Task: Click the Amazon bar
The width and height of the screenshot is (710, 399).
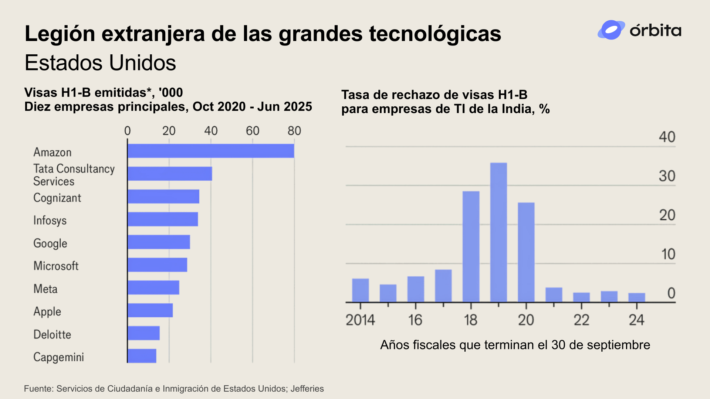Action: coord(211,151)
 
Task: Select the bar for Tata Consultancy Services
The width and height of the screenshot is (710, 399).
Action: coord(170,174)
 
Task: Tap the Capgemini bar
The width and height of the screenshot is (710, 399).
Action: coord(142,356)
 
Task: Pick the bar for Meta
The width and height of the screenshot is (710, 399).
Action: coord(153,287)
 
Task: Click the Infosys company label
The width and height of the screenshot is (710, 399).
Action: coord(50,220)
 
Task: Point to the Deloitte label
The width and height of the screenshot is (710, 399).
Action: coord(52,334)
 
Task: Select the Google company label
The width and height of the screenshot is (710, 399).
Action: coord(50,243)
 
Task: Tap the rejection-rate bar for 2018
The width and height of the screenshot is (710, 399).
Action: coord(471,246)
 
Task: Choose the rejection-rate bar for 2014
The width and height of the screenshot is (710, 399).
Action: coord(360,290)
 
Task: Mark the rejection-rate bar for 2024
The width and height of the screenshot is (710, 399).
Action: coord(637,297)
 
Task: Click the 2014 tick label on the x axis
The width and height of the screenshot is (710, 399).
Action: coord(360,320)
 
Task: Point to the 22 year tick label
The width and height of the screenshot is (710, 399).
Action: coord(581,320)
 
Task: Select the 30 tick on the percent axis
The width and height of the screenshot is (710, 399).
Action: coord(667,176)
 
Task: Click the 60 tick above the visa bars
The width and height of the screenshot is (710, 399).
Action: coord(253,131)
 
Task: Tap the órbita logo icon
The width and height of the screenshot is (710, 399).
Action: coord(611,30)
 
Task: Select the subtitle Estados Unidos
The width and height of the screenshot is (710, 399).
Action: coord(100,63)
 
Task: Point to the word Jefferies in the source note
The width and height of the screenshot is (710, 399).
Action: coord(307,389)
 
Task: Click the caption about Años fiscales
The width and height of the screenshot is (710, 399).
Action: coord(515,345)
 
